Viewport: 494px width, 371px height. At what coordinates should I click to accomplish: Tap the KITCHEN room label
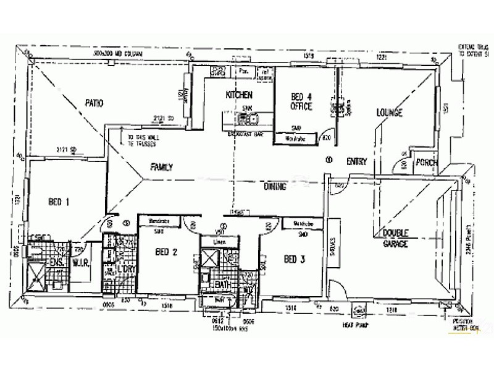240,95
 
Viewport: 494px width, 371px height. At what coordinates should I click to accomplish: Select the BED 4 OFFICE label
302,102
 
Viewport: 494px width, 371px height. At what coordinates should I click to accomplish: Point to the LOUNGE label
389,113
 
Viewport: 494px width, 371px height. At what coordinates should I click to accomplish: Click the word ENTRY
356,162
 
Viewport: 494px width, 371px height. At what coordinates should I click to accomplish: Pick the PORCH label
427,163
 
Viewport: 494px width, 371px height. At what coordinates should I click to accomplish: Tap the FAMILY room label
161,167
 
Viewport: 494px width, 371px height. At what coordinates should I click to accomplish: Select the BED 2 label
166,252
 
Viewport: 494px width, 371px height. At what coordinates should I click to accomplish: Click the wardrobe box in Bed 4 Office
296,139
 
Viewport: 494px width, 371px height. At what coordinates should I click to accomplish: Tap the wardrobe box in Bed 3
301,224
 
